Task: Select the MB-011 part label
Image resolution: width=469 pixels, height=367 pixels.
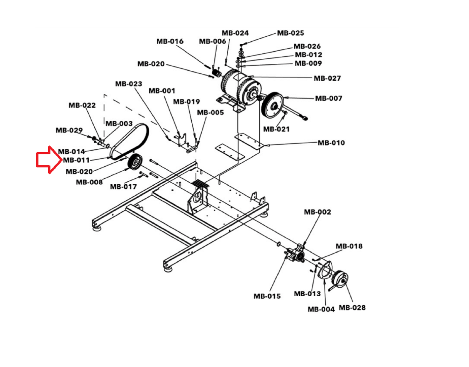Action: [76, 160]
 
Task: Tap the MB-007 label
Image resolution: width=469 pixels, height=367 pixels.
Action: [329, 99]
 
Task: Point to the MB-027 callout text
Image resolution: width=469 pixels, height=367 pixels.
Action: [327, 78]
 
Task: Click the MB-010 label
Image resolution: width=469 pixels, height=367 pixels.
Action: [331, 143]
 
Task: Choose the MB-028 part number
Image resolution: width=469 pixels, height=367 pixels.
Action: [352, 308]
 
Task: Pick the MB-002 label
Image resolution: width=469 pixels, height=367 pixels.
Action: [317, 212]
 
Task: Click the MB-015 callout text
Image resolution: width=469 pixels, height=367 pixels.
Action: [267, 296]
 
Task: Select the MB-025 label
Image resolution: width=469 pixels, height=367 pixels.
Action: [290, 33]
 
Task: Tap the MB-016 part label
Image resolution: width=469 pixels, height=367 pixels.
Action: [170, 41]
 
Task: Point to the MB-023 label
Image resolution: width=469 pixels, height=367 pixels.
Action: [129, 84]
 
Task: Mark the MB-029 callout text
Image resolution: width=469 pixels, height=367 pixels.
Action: [69, 130]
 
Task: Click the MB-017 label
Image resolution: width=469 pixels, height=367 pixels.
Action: [123, 187]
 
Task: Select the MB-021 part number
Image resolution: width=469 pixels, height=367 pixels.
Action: [276, 129]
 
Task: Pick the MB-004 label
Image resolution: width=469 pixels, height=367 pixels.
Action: [321, 309]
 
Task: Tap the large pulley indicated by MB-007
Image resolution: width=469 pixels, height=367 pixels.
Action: [273, 105]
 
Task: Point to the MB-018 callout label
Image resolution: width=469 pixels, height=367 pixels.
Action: [349, 246]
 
